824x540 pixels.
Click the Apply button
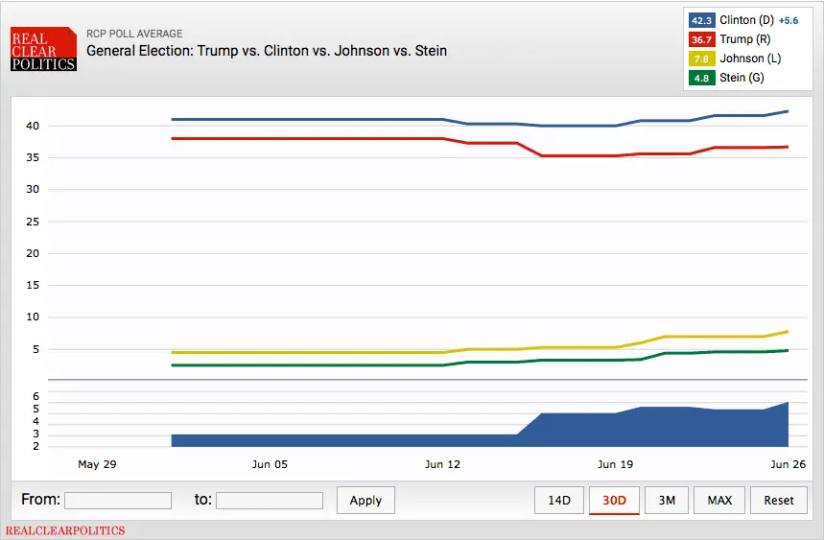(365, 500)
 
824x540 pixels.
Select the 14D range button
(559, 500)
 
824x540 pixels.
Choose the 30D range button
(614, 500)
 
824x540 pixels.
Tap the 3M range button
(667, 500)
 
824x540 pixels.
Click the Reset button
(779, 500)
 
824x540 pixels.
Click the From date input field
(118, 500)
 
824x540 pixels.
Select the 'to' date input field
(270, 500)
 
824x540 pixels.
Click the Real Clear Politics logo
(43, 49)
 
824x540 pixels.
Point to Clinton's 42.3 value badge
(701, 20)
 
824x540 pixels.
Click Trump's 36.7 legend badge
(701, 39)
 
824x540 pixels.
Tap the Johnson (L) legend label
(750, 59)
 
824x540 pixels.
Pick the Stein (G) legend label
(742, 78)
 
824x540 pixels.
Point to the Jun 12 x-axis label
(442, 464)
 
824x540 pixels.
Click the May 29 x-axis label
(97, 464)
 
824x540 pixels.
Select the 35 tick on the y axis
(32, 157)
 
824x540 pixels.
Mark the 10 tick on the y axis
(32, 317)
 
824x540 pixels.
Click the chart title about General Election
(267, 50)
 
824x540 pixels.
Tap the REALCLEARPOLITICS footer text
(65, 530)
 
